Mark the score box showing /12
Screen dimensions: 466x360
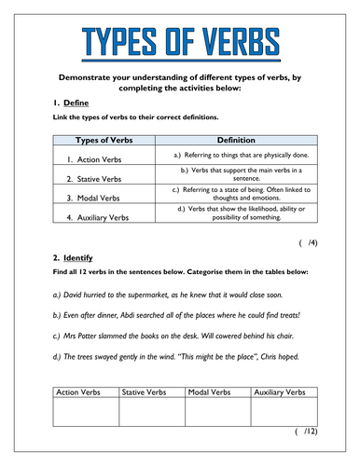(306, 432)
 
